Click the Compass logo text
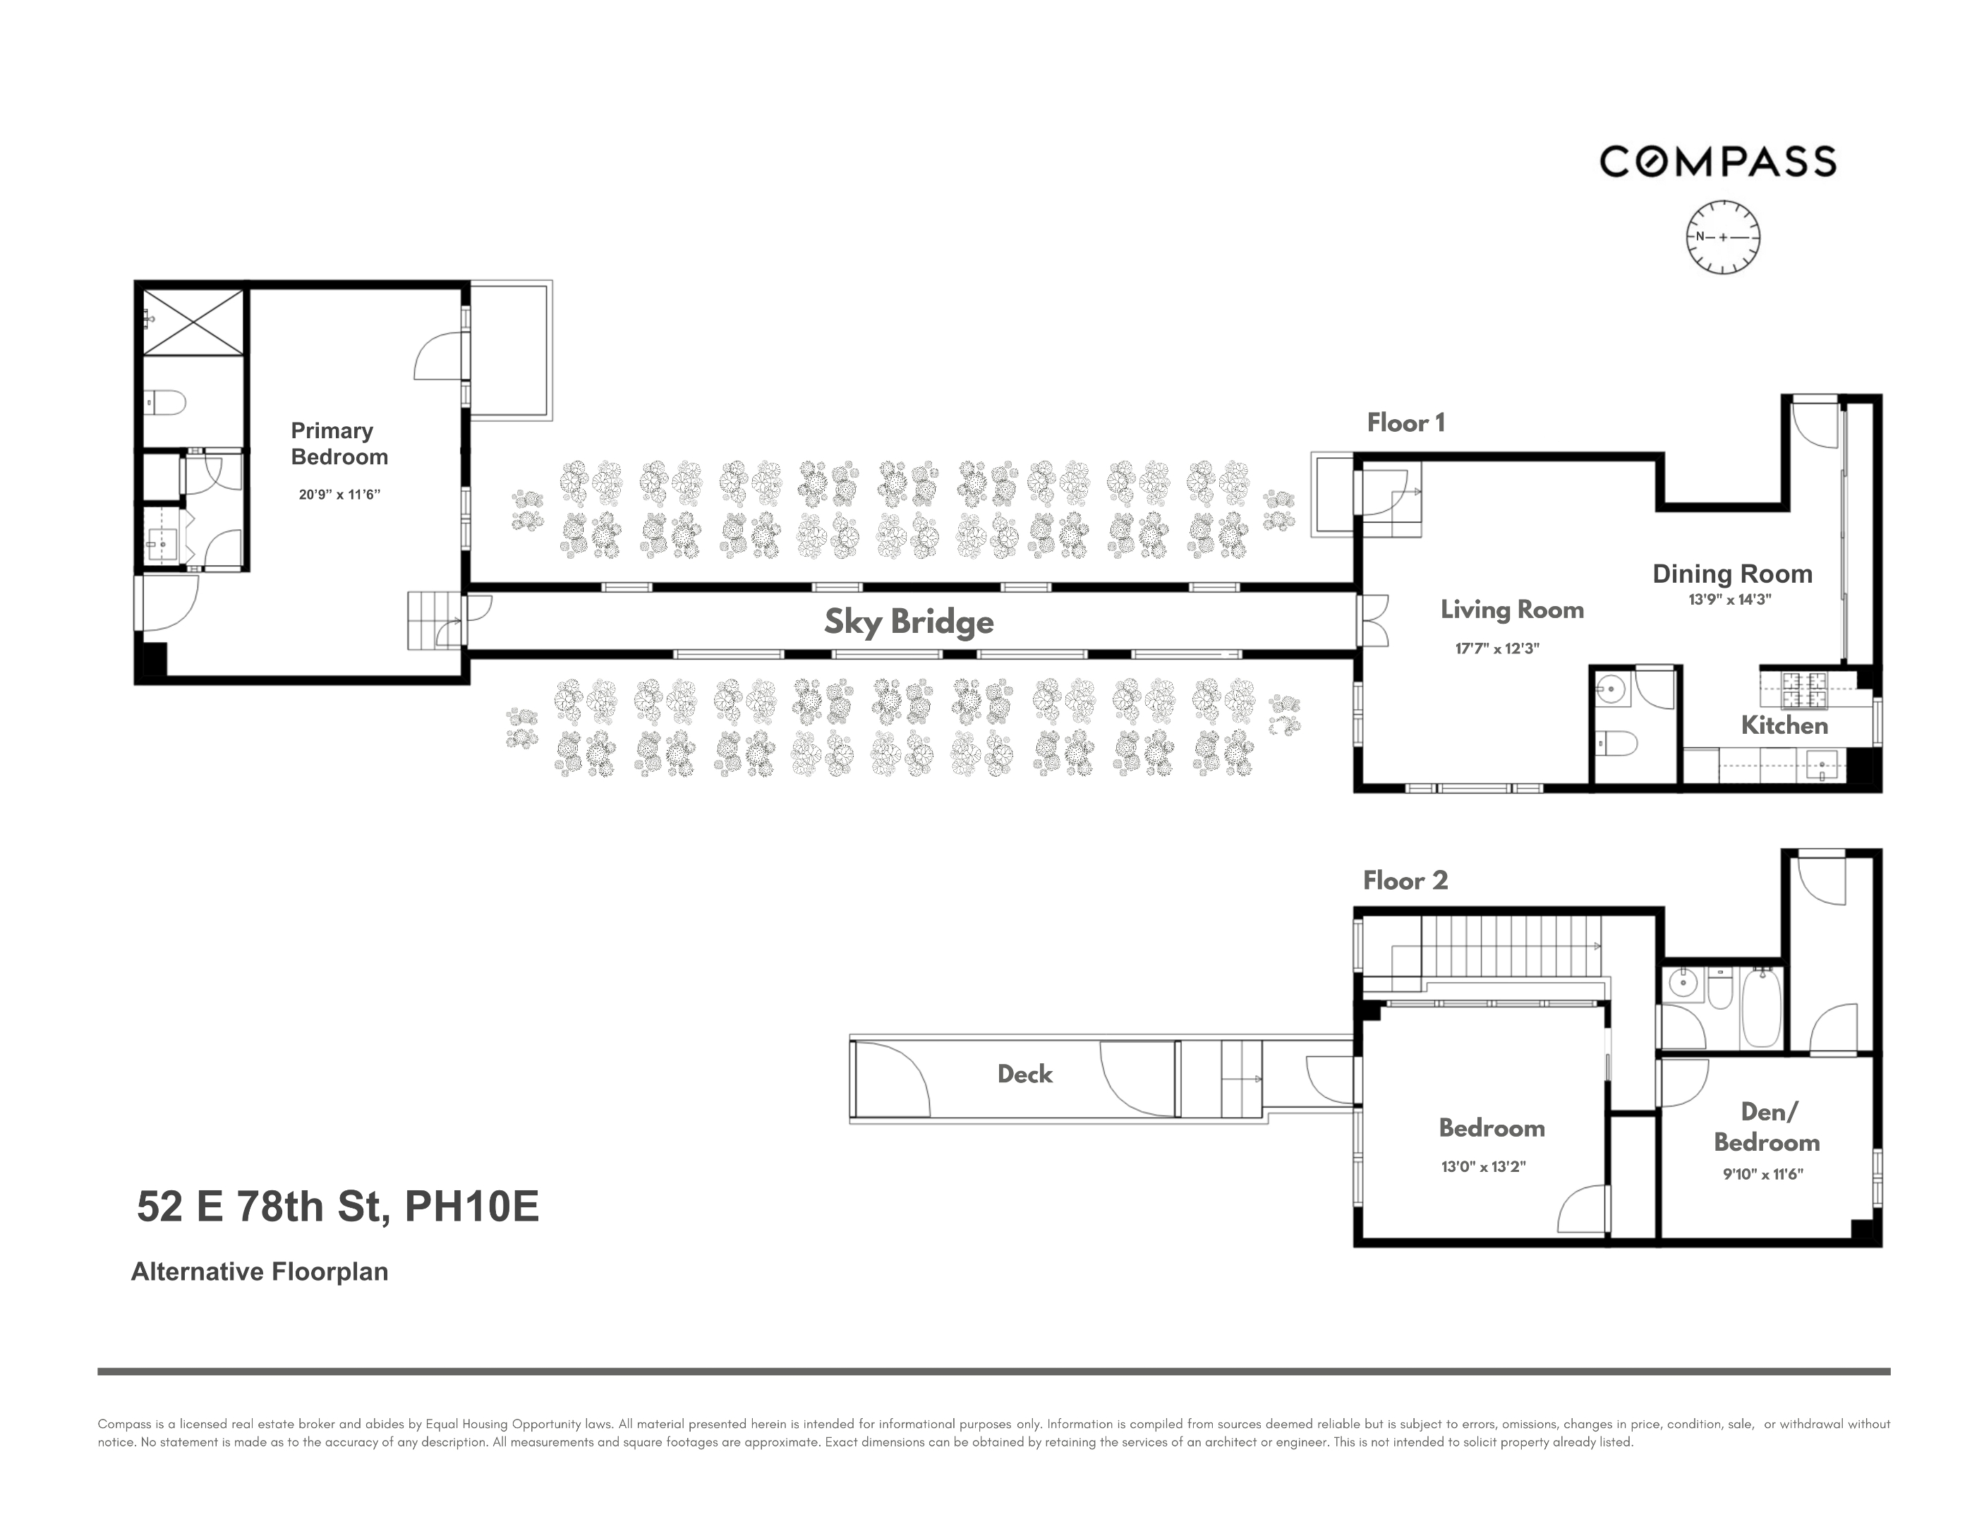(1717, 162)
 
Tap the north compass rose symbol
(1723, 238)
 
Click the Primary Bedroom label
(339, 443)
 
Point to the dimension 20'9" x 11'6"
(339, 494)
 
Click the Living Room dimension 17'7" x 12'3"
(1496, 648)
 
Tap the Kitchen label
(1784, 725)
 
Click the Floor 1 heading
(1405, 423)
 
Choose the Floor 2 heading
(1405, 881)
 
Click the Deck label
(1025, 1073)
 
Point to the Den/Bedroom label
(1766, 1127)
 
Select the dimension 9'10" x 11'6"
(1762, 1174)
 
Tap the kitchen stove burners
(1804, 690)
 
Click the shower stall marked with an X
(193, 322)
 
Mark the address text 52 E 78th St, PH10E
(338, 1206)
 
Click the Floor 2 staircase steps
(1508, 945)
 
